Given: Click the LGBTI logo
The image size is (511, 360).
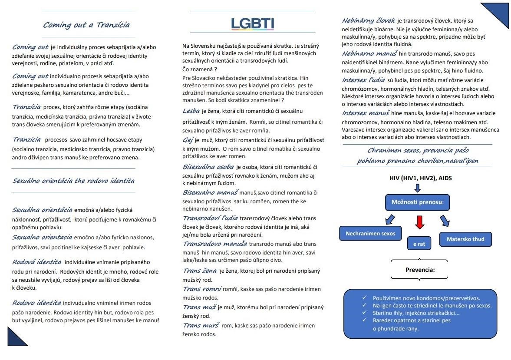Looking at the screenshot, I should click(252, 23).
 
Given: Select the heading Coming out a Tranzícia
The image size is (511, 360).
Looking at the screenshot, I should click(86, 25).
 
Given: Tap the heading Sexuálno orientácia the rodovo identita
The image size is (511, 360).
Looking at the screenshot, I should click(73, 181).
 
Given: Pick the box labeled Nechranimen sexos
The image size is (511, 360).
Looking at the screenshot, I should click(370, 233).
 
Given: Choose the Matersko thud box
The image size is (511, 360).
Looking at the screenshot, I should click(465, 239).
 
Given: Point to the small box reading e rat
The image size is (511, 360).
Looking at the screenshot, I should click(419, 244).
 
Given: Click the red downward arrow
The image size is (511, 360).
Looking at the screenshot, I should click(419, 222).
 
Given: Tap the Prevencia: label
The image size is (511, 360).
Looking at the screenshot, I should click(420, 270).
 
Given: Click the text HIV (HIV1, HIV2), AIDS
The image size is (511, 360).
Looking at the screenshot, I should click(420, 178).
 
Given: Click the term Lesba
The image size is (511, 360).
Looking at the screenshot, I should click(191, 111).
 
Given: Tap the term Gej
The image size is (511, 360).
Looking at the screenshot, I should click(188, 140).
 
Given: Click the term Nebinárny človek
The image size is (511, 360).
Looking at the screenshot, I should click(368, 20).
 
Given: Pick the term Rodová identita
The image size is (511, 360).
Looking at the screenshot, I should click(36, 262).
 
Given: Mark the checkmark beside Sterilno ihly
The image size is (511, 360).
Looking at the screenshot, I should click(364, 313).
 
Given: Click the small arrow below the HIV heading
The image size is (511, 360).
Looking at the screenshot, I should click(418, 188).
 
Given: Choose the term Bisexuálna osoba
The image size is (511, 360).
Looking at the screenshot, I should click(208, 167).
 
